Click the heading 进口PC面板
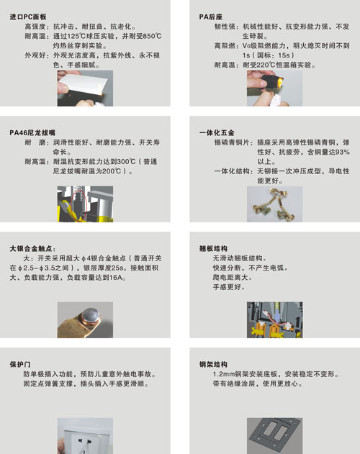28,17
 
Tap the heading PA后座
210,17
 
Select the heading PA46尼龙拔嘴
32,132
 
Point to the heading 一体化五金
217,132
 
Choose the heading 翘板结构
213,248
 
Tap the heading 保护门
20,364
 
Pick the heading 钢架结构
213,364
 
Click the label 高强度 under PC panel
35,27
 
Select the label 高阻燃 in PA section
225,46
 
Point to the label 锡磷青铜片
232,142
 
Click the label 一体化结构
232,171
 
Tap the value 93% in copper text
343,152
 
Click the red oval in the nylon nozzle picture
78,203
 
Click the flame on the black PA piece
281,82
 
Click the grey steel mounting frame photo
274,436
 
